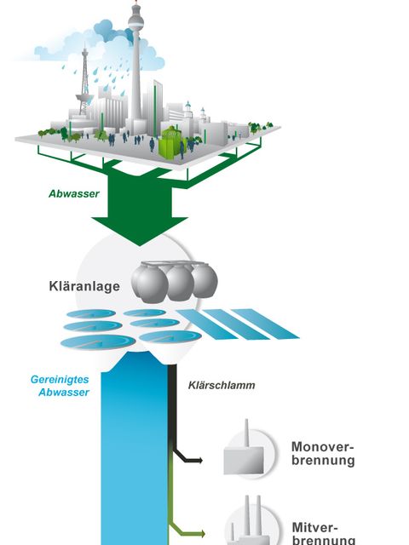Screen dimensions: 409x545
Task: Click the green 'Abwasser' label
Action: (x=74, y=193)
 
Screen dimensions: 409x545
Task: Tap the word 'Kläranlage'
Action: (x=84, y=286)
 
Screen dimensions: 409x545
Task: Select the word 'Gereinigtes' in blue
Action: (x=60, y=379)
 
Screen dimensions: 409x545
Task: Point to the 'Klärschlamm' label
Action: (x=222, y=385)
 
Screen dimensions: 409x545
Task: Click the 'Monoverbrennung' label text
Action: (x=323, y=453)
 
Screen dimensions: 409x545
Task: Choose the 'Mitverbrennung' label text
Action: (x=324, y=534)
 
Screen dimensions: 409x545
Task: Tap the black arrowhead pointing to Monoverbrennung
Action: (x=199, y=461)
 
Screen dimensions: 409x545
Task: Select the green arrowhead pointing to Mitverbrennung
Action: (x=202, y=533)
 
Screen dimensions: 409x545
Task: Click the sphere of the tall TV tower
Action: (x=135, y=23)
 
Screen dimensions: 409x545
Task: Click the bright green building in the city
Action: (x=170, y=142)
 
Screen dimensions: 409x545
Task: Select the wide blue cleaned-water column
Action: (x=135, y=452)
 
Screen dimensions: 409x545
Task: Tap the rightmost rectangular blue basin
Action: (x=265, y=324)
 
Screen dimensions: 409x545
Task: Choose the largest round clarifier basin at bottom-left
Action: (x=98, y=341)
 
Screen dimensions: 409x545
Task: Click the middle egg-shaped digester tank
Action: (x=180, y=282)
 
